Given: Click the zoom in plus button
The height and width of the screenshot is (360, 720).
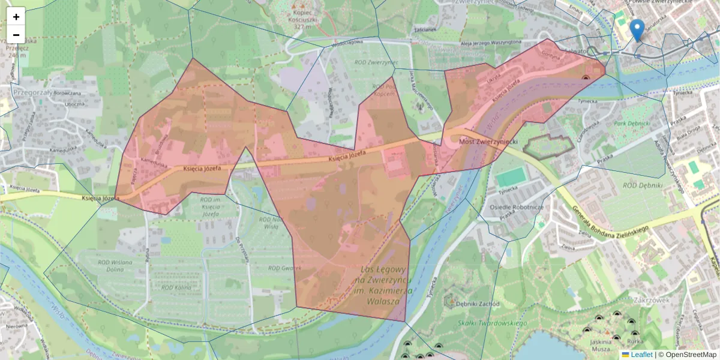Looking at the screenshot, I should pos(16,16).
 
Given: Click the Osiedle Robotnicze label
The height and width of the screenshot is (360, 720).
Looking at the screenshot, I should pos(517,207).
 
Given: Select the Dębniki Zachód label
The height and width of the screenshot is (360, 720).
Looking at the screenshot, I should pos(477,304).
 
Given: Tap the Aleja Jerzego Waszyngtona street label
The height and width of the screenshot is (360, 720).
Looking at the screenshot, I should pos(482,43).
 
